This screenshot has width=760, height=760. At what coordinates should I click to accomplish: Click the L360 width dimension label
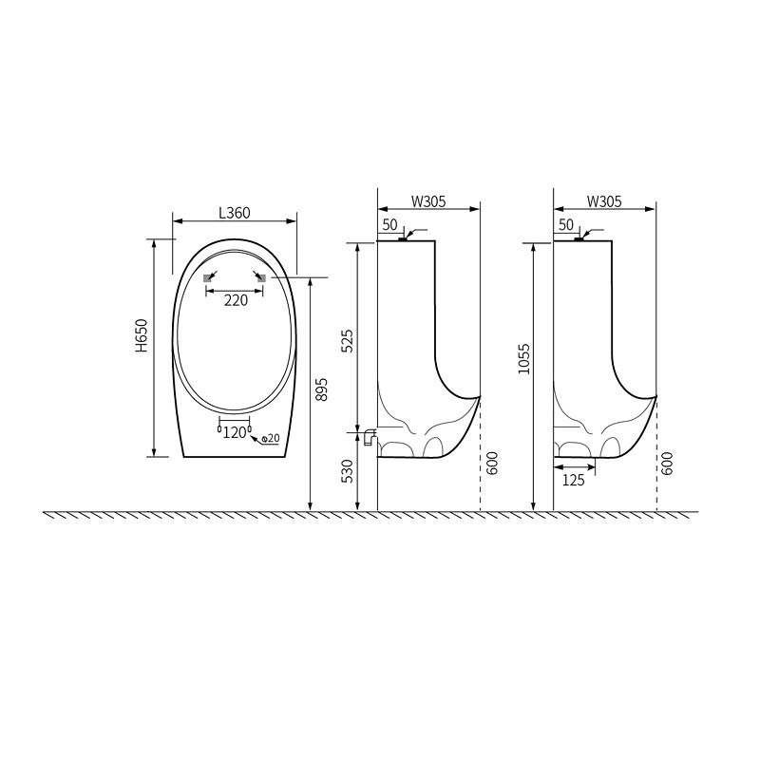click(x=235, y=213)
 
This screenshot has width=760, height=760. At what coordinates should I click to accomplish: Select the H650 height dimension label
click(x=141, y=335)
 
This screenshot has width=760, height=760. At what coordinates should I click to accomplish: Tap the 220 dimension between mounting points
click(x=236, y=300)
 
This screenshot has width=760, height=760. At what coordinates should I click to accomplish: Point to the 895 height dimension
click(x=321, y=389)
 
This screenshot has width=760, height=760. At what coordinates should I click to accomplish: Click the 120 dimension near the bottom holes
click(x=235, y=432)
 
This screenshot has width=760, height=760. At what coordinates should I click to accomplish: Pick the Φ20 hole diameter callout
click(x=271, y=438)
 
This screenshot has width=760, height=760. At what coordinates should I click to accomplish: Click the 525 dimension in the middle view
click(x=348, y=341)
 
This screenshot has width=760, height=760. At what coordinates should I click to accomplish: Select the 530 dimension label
click(x=348, y=471)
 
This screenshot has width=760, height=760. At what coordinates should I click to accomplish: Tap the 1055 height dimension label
click(x=524, y=359)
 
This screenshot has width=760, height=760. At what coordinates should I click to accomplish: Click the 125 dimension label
click(x=574, y=481)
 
